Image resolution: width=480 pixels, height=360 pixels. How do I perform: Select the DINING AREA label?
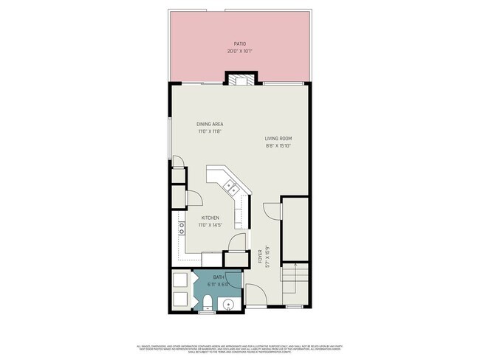coord(210,124)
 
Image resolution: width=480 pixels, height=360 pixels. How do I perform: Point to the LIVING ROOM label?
coord(279,139)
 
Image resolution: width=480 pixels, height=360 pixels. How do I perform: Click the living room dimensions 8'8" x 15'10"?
coord(279,145)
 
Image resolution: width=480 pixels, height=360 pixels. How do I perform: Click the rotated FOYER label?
coord(260,256)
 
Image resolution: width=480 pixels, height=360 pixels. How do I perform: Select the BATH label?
coord(219,277)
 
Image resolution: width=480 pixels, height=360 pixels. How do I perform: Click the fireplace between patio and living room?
coord(240,80)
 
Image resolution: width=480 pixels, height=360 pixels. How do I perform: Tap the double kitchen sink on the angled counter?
coord(231,186)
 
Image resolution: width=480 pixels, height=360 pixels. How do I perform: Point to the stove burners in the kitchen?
coord(181,228)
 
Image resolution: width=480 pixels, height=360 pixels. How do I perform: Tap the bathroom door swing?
coord(237,243)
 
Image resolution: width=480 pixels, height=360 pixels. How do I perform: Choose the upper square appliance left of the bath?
coord(181,280)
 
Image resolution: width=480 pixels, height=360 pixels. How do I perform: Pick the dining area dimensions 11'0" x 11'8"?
coord(210,131)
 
